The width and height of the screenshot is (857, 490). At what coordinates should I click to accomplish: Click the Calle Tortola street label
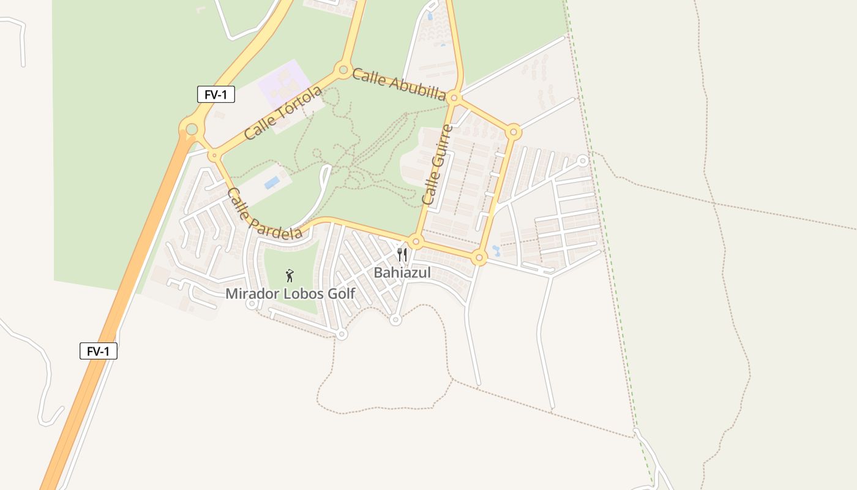click(283, 113)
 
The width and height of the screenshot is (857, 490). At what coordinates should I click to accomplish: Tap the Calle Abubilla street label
click(399, 85)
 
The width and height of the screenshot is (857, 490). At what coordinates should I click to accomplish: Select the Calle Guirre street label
click(438, 164)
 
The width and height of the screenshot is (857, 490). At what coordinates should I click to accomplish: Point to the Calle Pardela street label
click(264, 214)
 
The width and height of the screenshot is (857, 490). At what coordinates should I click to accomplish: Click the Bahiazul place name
click(402, 273)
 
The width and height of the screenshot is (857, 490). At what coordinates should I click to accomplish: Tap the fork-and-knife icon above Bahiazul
click(402, 255)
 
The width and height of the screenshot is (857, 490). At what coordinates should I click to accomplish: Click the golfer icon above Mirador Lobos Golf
click(290, 276)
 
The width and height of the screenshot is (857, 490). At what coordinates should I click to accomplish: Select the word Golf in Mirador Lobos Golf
click(342, 293)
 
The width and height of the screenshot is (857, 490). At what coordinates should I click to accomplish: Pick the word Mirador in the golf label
click(249, 293)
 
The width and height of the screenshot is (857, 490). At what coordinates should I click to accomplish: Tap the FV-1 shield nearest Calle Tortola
click(216, 94)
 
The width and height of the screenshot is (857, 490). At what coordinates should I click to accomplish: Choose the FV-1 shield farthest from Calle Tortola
click(99, 351)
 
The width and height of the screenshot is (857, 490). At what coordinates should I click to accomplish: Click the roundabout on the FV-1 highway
click(192, 129)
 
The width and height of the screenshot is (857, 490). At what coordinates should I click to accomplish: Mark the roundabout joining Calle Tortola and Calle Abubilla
click(343, 69)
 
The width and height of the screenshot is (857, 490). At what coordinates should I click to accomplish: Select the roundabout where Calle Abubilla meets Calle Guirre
click(454, 97)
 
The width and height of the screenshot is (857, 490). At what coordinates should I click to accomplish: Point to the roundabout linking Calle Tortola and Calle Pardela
click(214, 156)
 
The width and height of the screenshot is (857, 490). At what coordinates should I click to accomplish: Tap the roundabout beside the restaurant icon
click(416, 242)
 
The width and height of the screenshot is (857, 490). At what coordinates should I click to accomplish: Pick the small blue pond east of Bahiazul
click(496, 251)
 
